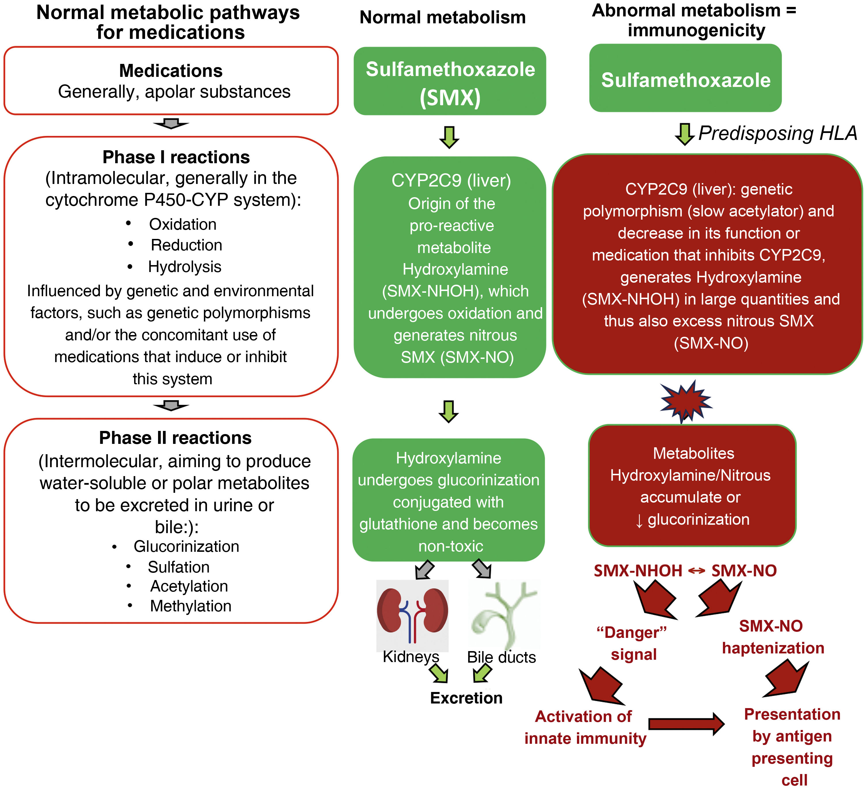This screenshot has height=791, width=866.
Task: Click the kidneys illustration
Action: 412,616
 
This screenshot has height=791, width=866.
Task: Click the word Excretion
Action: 466,698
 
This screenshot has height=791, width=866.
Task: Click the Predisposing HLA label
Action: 778,134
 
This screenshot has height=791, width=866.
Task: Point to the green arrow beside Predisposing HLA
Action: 684,134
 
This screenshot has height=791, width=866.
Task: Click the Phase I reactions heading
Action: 176,157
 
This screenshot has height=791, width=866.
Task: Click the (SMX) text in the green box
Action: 450,98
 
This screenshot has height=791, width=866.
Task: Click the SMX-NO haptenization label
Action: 773,637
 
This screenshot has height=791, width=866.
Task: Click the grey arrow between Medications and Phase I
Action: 171,124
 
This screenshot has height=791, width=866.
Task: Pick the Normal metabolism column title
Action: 443,18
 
